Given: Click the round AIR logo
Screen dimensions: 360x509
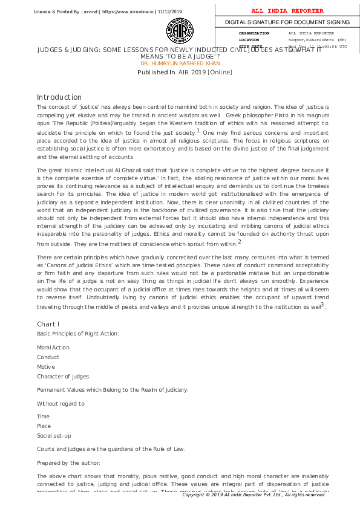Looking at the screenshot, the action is point(180,30).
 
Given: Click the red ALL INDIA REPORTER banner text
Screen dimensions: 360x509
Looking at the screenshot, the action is point(287,11).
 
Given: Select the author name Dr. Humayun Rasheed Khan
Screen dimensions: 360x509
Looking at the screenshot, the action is point(180,63).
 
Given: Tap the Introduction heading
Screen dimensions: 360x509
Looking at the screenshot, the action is point(59,97).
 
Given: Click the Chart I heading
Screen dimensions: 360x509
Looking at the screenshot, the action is point(48,325).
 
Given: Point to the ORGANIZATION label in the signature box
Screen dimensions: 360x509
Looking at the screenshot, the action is point(254,33).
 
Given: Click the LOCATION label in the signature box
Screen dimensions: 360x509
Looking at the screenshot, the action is point(249,39).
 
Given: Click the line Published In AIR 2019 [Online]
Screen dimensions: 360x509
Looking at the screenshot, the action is point(185,73).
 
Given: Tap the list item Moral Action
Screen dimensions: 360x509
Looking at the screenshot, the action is point(53,348).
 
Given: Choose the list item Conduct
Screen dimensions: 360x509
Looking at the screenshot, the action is point(48,357).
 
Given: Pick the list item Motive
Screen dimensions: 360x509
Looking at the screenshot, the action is point(46,367).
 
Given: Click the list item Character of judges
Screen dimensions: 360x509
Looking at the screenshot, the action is point(63,377).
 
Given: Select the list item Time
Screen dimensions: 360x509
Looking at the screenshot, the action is point(44,417).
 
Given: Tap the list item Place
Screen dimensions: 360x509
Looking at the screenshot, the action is point(44,426).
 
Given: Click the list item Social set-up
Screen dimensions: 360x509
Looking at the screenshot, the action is point(54,436).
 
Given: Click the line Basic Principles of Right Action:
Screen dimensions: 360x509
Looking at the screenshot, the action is point(78,334).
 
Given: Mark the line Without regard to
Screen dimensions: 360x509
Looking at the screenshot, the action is point(61,403).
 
